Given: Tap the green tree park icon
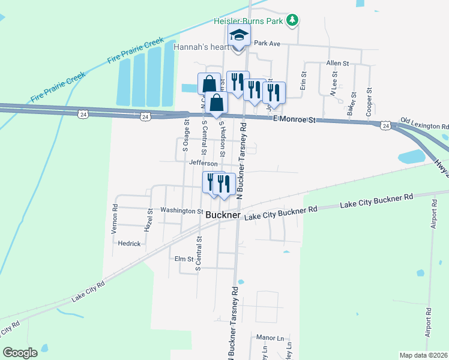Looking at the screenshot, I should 292,20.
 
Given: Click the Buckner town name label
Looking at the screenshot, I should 223,215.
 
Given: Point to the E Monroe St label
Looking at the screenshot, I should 294,120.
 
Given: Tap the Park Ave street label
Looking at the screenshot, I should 267,43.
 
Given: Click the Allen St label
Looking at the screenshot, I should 337,63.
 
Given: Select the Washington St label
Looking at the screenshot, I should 181,211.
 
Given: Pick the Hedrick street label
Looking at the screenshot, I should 129,244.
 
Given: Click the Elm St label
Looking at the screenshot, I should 184,259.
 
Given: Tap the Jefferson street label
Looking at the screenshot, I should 202,163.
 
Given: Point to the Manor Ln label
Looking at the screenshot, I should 269,338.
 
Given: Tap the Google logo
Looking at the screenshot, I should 20,353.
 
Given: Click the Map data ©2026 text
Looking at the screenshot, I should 423,355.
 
